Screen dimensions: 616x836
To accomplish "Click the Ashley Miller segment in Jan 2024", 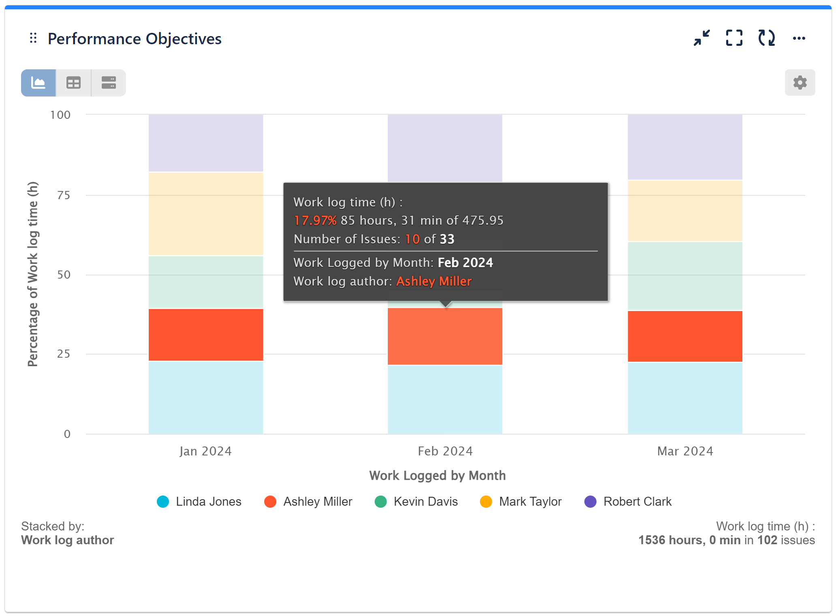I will point(206,335).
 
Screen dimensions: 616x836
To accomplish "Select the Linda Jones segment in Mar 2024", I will point(685,398).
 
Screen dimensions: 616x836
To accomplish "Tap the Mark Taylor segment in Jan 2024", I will point(206,214).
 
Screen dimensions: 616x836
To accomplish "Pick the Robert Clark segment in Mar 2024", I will point(685,147).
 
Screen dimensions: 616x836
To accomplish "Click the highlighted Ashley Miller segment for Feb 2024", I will point(445,337).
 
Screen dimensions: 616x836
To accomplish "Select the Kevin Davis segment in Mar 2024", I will point(685,276).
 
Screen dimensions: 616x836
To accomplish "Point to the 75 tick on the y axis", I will point(64,195).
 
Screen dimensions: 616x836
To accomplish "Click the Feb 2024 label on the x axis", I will point(445,451).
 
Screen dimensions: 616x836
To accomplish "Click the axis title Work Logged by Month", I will point(437,475).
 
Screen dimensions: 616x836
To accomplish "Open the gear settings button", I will point(800,83).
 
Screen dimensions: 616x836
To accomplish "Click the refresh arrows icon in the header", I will point(766,38).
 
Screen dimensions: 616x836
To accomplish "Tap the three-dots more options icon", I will point(799,38).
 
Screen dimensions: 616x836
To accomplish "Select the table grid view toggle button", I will point(73,83).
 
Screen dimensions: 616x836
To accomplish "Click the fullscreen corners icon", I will point(734,38).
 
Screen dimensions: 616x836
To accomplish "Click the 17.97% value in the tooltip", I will point(315,221).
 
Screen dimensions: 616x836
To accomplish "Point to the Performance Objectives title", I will point(135,39).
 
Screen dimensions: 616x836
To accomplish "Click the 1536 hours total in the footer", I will point(671,540).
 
